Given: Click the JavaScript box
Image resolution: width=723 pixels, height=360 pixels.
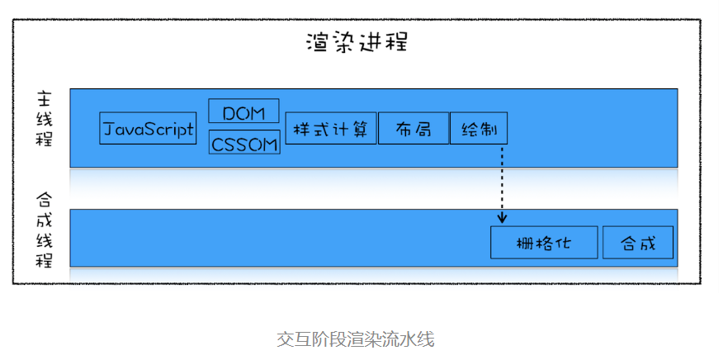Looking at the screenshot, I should click(148, 129).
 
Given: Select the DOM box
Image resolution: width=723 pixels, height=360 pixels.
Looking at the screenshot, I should click(243, 111).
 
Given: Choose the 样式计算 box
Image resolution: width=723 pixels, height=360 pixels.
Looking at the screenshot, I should click(331, 129).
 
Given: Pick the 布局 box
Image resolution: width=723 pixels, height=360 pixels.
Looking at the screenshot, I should click(413, 129).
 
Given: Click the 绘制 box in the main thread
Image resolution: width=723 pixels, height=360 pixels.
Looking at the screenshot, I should click(479, 129).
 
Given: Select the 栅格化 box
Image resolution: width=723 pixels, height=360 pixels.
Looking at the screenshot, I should click(544, 243).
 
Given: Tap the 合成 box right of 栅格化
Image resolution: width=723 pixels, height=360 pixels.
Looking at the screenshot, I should click(638, 243).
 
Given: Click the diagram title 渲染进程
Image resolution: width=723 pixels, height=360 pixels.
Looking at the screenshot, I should click(356, 42).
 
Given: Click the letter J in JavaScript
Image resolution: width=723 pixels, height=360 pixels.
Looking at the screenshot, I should click(108, 130).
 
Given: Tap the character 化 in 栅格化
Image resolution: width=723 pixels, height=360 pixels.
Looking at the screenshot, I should click(565, 243).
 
